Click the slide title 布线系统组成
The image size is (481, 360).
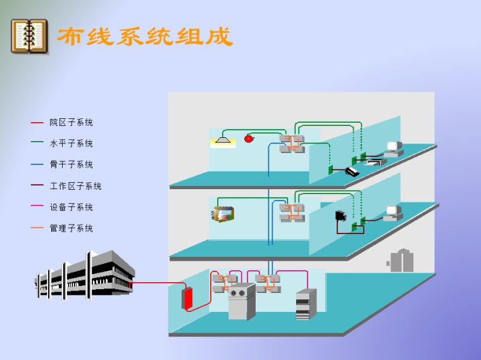pos(145,36)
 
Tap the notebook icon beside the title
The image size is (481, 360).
pos(29,36)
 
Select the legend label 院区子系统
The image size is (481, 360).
pos(71,123)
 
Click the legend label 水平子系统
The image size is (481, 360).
pos(71,144)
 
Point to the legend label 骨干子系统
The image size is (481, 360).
pos(71,164)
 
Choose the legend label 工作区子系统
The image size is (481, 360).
pos(75,186)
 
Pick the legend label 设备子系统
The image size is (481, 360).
pos(71,207)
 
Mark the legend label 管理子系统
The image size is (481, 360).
pos(71,228)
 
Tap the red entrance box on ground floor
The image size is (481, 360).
pos(187,298)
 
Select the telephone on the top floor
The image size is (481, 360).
pos(352,171)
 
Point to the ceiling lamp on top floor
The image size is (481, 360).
pos(222,139)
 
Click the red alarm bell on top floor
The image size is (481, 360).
pos(249,137)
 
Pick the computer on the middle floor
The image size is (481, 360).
pos(393,213)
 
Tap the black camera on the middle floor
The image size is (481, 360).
pos(341,215)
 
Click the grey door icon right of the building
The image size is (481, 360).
pos(399,260)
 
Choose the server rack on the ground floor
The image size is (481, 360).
pos(306,304)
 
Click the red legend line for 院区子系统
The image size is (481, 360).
pos(37,123)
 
